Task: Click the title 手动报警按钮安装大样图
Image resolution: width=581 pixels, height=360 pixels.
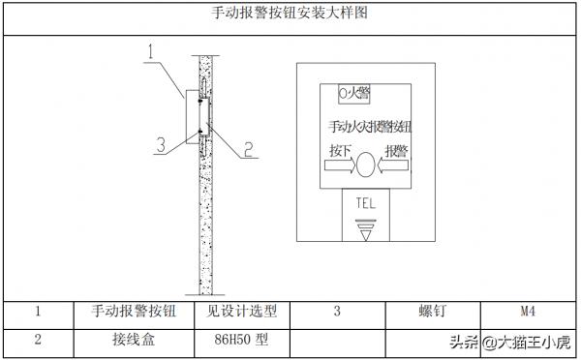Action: point(289,14)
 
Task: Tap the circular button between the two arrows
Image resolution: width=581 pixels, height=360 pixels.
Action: point(365,165)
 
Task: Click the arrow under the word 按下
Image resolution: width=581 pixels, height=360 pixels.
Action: point(338,165)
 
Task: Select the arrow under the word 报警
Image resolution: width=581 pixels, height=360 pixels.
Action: point(392,165)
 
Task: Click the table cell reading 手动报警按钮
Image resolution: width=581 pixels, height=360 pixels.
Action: point(134,312)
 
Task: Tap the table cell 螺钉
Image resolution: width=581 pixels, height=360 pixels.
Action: point(431,312)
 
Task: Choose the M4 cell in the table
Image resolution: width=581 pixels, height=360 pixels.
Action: point(528,312)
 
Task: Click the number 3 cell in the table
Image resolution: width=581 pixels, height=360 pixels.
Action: point(336,312)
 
